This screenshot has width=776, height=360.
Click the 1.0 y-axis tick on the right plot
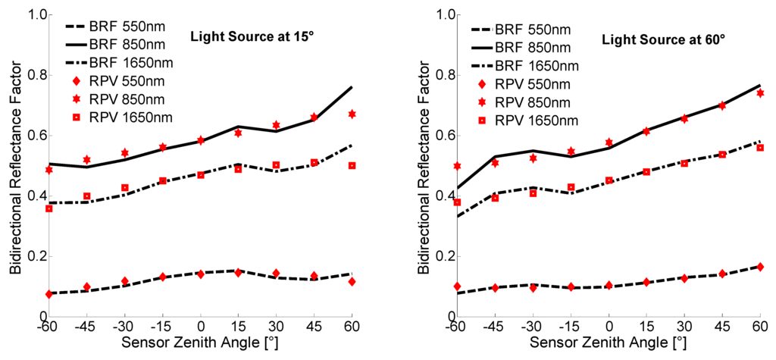[445, 15]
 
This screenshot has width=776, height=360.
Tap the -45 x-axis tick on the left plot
[86, 330]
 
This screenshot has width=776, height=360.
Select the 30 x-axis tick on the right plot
[684, 330]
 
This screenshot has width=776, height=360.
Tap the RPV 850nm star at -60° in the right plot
[457, 165]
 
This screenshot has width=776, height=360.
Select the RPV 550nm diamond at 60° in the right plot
[759, 267]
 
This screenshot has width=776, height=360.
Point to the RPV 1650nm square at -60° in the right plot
[457, 202]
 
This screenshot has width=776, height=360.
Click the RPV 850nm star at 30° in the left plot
[276, 124]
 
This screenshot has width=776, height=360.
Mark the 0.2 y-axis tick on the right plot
[445, 256]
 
